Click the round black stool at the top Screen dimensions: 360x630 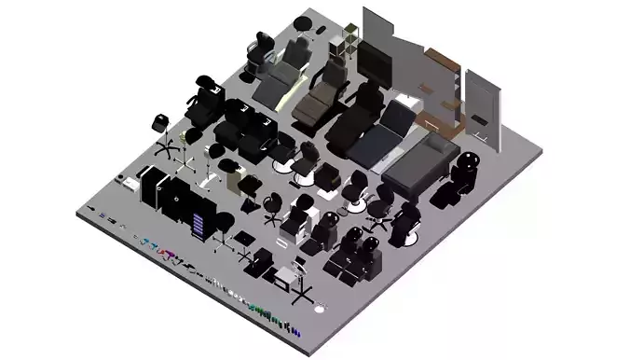point(301,23)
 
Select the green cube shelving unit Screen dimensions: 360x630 point(346,41)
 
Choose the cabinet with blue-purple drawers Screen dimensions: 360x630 point(199,224)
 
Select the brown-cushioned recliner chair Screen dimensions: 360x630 point(321,101)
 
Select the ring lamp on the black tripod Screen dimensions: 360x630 point(300,280)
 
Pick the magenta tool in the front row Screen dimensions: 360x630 point(171,255)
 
